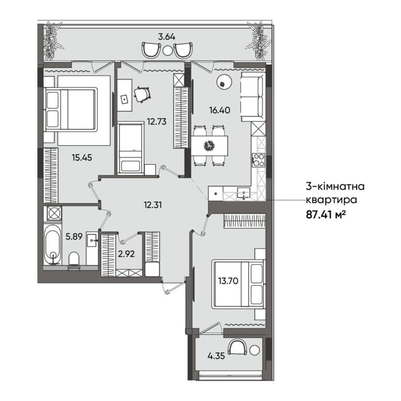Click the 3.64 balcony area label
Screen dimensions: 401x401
167,37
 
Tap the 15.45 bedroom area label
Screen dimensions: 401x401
82,158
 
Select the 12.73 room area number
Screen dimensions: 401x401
157,122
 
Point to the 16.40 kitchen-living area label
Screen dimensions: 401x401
219,110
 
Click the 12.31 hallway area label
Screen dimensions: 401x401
152,205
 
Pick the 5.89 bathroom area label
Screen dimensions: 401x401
74,237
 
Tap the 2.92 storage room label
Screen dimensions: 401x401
126,254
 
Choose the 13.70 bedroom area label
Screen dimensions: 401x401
228,281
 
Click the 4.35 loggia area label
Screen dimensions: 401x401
216,356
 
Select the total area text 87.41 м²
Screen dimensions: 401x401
326,214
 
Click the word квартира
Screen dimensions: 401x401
332,199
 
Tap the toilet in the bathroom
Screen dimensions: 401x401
74,260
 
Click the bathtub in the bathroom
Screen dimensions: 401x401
52,244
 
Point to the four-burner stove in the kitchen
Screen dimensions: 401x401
258,160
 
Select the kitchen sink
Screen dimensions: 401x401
243,193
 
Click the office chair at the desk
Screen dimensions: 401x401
142,94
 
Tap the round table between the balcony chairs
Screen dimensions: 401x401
167,50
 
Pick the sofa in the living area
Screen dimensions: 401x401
253,97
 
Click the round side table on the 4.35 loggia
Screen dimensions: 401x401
254,350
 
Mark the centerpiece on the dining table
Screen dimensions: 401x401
209,145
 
